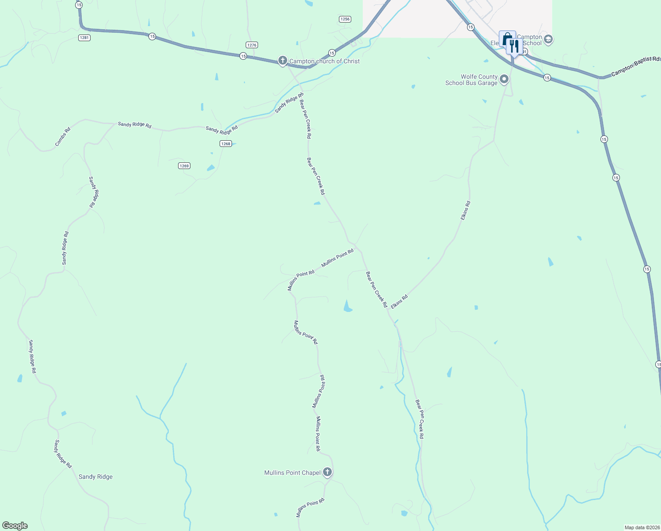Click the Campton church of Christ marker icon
283,60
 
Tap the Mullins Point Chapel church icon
327,472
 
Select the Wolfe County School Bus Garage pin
504,79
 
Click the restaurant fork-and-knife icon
514,45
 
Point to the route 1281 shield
84,38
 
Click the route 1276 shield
252,45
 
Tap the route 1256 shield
345,19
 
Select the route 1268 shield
226,144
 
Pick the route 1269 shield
184,166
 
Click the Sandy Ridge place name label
95,477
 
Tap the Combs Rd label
63,137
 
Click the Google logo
15,526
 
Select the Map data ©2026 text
642,527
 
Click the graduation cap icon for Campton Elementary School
548,39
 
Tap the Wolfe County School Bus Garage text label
471,80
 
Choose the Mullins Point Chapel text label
293,473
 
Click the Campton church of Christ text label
324,61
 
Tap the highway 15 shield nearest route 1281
79,5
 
